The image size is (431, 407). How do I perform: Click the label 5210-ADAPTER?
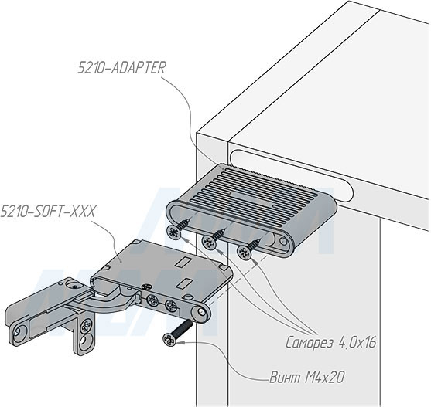coord(121,67)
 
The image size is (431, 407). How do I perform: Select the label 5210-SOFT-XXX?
coord(48,211)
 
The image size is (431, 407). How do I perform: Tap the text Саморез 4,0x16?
coord(330,343)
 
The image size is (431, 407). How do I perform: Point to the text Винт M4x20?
coord(306,378)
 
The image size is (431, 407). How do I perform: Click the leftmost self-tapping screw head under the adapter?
coord(174,232)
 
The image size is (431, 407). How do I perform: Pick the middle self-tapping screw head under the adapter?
coord(209,243)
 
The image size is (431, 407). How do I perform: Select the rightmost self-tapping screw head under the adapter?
coord(244,253)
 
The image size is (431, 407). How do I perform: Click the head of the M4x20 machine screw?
coord(169,340)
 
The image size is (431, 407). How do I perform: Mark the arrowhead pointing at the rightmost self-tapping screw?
coord(255,262)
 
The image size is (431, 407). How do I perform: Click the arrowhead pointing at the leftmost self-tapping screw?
coord(186,240)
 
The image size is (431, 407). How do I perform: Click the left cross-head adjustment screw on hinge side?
coord(152,301)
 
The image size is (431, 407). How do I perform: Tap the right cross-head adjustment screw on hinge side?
coord(171,306)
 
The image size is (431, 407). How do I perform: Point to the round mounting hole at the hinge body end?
coord(201,312)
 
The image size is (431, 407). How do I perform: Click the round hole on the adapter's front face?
coord(283,242)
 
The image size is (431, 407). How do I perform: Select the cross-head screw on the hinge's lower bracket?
coord(85,326)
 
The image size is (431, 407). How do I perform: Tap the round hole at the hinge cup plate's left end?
coord(18,332)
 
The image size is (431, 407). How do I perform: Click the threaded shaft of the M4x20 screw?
coord(183,327)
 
